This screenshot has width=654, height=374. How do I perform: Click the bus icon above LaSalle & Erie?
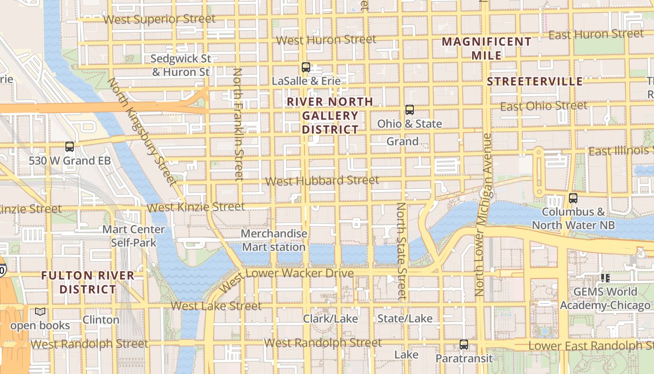click(306, 67)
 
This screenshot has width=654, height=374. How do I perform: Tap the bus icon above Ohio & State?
click(410, 110)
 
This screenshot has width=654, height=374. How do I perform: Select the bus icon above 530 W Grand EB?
click(70, 147)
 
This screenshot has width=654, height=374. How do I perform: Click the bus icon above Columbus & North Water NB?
click(573, 198)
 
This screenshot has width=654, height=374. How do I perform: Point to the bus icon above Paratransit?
click(463, 345)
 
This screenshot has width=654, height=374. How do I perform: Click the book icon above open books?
click(40, 312)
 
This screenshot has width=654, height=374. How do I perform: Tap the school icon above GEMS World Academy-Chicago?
click(605, 278)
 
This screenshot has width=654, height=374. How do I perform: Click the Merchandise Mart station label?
click(274, 240)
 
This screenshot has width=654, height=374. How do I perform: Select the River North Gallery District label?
click(330, 115)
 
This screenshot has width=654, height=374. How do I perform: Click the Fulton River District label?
click(88, 282)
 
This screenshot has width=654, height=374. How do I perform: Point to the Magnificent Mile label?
click(487, 49)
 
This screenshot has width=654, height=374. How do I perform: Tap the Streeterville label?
click(535, 81)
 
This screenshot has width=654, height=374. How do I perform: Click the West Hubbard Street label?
click(322, 180)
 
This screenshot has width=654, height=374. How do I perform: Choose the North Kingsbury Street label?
click(142, 131)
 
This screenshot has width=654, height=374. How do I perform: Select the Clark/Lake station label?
click(330, 319)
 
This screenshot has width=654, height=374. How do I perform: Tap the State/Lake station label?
click(405, 319)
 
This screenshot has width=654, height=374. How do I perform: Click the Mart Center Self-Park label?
click(134, 236)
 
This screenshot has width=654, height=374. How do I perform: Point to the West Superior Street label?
click(159, 19)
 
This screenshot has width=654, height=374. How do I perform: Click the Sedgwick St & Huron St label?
click(181, 65)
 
